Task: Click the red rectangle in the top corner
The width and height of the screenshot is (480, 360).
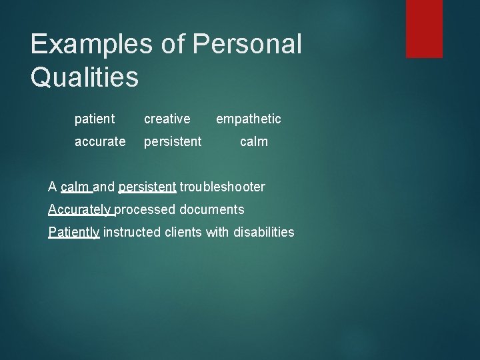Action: pyautogui.click(x=424, y=28)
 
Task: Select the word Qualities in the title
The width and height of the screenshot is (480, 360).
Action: pyautogui.click(x=85, y=77)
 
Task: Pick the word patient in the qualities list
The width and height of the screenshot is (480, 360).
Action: pyautogui.click(x=95, y=119)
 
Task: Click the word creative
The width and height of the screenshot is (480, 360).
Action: pyautogui.click(x=167, y=119)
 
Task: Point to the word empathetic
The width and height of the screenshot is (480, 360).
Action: pyautogui.click(x=248, y=119)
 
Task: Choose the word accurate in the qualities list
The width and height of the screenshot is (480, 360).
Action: pyautogui.click(x=99, y=141)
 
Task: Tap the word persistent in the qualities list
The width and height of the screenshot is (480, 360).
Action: pyautogui.click(x=173, y=141)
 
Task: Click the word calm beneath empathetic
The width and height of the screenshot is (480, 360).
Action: pyautogui.click(x=253, y=141)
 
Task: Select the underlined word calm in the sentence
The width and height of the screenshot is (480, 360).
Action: pyautogui.click(x=75, y=187)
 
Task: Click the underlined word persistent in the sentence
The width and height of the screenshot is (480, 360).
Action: pyautogui.click(x=147, y=187)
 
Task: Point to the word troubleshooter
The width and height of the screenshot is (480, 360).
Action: pyautogui.click(x=222, y=187)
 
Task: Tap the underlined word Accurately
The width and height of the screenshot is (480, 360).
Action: pyautogui.click(x=80, y=209)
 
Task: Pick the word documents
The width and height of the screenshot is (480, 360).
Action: pyautogui.click(x=211, y=209)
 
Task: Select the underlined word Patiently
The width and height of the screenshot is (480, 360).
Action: pyautogui.click(x=74, y=232)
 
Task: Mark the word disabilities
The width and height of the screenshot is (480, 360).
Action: pyautogui.click(x=264, y=232)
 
